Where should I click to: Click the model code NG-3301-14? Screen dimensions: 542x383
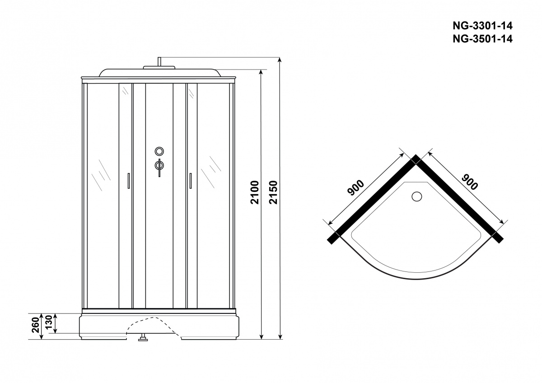click(482, 26)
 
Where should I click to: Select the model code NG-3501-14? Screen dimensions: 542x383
click(482, 39)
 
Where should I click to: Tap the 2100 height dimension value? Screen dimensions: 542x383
click(255, 192)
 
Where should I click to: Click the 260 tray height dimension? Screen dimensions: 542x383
click(36, 325)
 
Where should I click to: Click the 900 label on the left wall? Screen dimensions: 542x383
click(355, 188)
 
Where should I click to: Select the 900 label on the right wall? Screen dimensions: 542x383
click(470, 182)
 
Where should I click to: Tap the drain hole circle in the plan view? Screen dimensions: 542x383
click(416, 196)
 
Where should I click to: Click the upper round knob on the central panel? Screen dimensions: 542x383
click(159, 151)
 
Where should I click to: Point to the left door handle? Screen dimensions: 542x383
click(128, 181)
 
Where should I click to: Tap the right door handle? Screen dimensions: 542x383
click(191, 181)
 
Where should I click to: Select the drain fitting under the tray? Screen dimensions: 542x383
click(143, 337)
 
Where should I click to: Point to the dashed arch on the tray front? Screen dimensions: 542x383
click(154, 326)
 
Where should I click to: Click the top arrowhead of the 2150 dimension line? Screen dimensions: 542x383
click(280, 60)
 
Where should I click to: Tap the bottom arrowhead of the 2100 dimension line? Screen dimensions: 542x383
click(261, 337)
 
